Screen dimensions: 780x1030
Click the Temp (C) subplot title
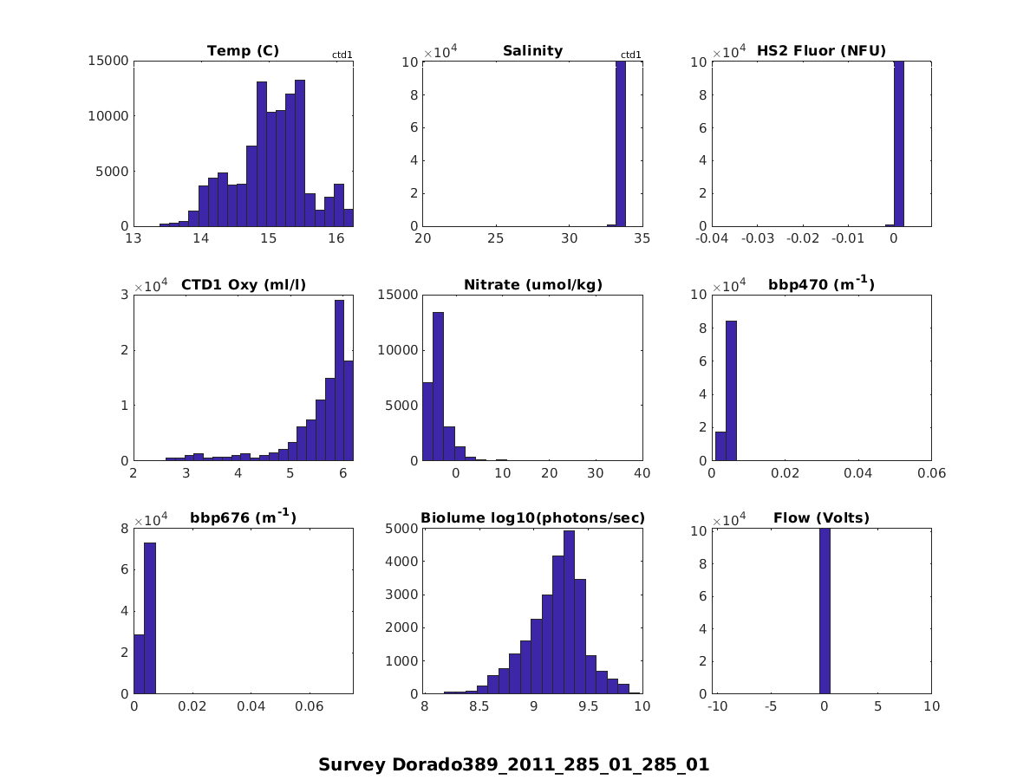click(x=243, y=51)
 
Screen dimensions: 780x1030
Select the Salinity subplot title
click(x=532, y=51)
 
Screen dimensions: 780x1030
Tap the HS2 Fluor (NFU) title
click(x=822, y=51)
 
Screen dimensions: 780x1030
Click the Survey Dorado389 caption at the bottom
click(x=514, y=765)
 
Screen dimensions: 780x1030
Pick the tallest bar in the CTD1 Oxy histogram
click(x=339, y=380)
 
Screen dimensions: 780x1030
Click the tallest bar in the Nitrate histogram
click(x=438, y=386)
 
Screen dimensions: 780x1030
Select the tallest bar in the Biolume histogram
click(x=569, y=612)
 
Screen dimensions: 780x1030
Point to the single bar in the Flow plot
click(x=824, y=610)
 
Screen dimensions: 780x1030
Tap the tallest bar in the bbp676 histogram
click(x=150, y=618)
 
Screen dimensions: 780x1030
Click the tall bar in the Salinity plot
click(x=621, y=143)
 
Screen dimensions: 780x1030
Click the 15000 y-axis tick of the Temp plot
click(x=108, y=61)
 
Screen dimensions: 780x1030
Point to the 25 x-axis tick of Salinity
click(x=496, y=238)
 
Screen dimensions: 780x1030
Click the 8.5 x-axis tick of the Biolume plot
click(x=478, y=706)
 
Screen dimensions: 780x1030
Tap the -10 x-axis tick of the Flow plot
click(x=717, y=706)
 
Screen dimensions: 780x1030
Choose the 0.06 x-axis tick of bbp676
click(x=310, y=706)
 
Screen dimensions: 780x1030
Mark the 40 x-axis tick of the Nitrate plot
click(x=642, y=472)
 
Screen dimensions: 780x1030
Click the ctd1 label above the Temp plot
click(x=342, y=55)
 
